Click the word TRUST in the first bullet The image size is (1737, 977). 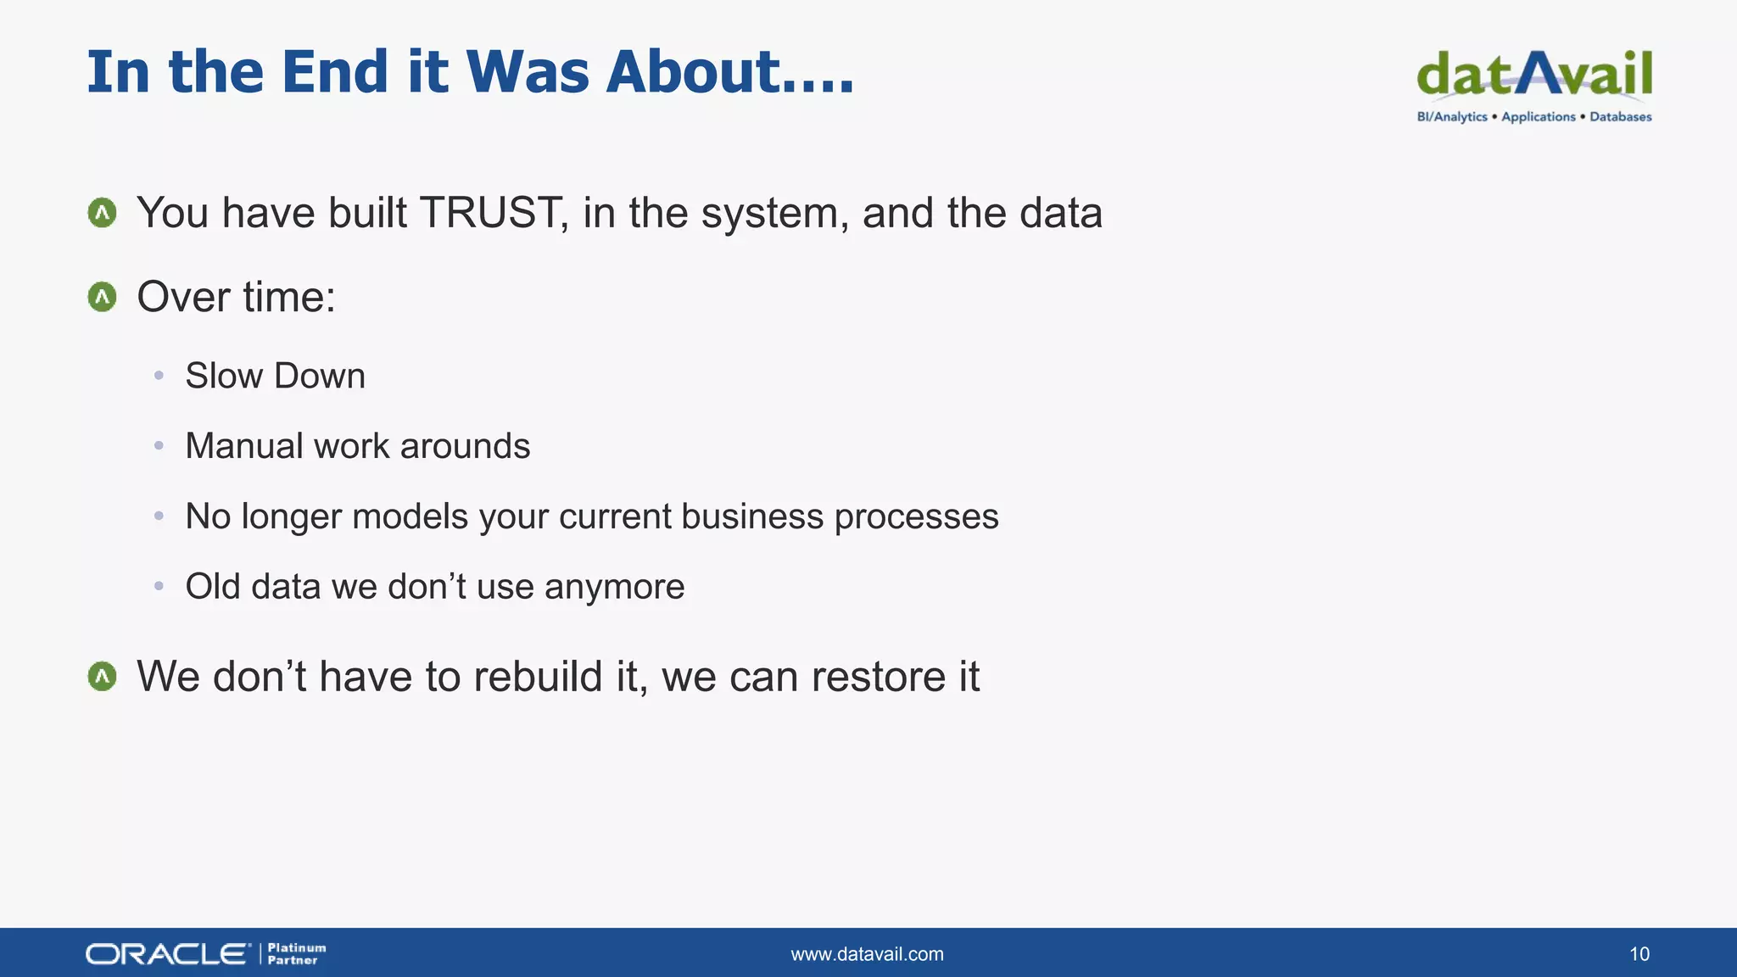[x=490, y=213]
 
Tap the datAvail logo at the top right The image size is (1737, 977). [x=1533, y=75]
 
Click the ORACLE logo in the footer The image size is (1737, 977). [x=168, y=954]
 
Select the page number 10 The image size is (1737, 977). [x=1639, y=954]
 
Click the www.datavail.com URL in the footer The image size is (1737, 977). [x=867, y=954]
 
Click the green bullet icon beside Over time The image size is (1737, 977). [x=103, y=297]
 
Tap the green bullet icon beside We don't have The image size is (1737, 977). [x=103, y=677]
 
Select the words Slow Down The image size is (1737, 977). [x=275, y=376]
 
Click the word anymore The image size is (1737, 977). [x=614, y=587]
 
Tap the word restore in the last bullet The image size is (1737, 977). [x=878, y=677]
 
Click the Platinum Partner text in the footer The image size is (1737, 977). [x=296, y=954]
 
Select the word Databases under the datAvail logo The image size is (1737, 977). [x=1620, y=117]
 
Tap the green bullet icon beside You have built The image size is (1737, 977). [x=103, y=213]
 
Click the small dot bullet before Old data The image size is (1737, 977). [x=159, y=586]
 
